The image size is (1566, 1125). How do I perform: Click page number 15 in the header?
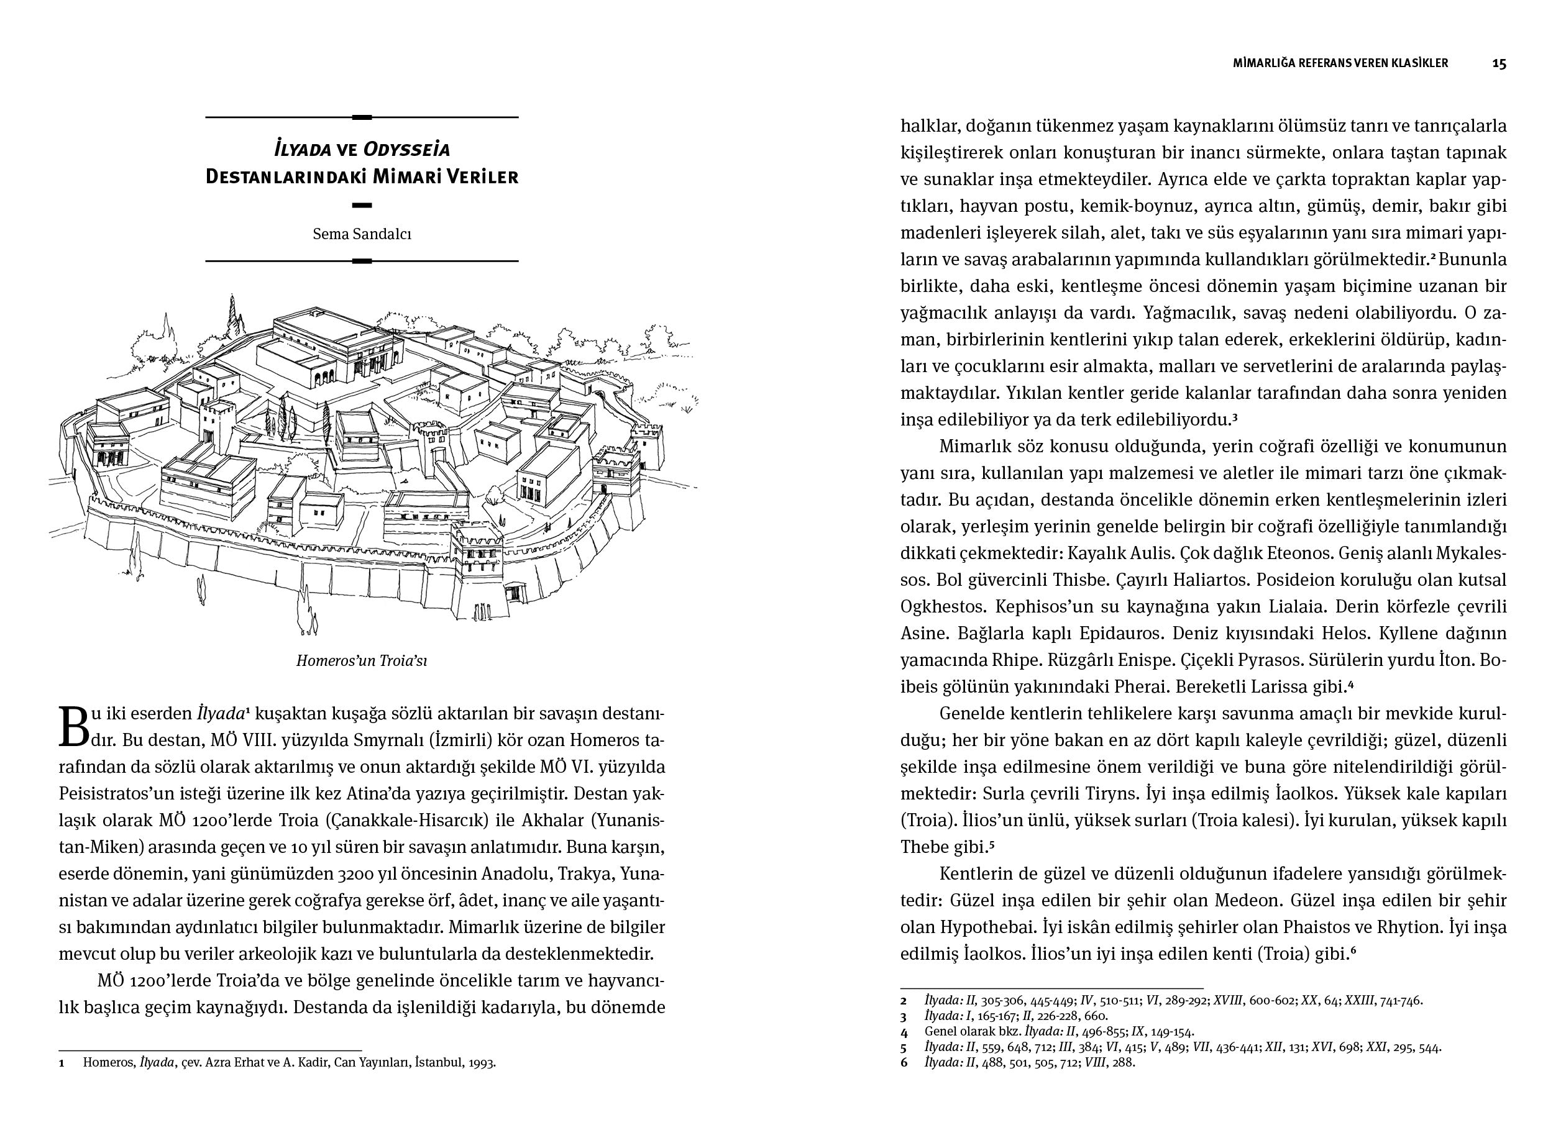(x=1499, y=63)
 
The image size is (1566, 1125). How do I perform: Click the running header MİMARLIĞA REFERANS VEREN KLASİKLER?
(x=1340, y=63)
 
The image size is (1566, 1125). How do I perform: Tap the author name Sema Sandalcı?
(x=362, y=234)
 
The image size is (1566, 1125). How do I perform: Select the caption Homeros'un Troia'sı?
(x=362, y=660)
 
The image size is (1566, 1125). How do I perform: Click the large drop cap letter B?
(x=74, y=727)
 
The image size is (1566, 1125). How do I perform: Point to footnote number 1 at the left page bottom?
(x=62, y=1063)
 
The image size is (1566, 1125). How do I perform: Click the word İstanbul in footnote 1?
(x=436, y=1063)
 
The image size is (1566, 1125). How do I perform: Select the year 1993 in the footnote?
(x=481, y=1063)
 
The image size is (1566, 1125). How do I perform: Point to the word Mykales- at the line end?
(x=1471, y=553)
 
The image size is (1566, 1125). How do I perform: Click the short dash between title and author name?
(x=362, y=205)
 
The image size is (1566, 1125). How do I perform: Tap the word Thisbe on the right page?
(x=1079, y=580)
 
